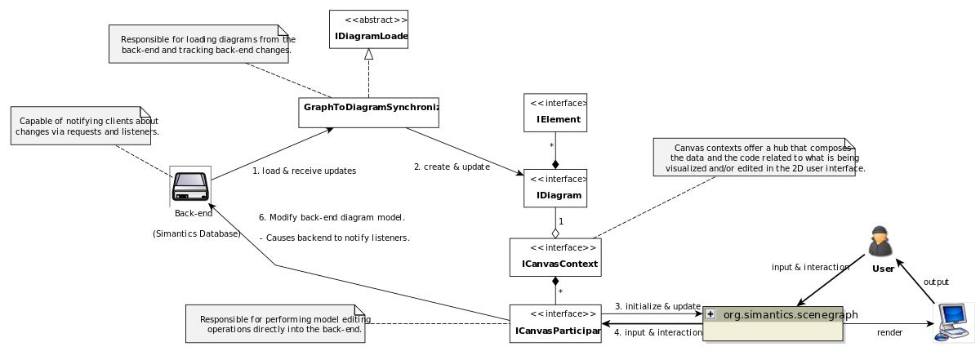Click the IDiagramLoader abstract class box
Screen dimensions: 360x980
(368, 29)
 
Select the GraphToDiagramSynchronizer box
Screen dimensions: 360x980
(368, 113)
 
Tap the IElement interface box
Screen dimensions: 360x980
(555, 113)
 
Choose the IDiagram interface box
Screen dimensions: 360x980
(555, 189)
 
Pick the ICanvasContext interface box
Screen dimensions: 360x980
(555, 257)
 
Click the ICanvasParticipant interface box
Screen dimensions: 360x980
(555, 324)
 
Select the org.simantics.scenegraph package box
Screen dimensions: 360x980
(773, 323)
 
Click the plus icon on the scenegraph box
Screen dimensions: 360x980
(710, 314)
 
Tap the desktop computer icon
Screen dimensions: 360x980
(951, 320)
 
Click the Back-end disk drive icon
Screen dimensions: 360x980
(190, 187)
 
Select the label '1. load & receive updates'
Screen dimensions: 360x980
(304, 171)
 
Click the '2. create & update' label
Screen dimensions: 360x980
(452, 167)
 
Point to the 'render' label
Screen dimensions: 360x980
(889, 332)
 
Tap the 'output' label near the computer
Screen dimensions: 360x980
(936, 282)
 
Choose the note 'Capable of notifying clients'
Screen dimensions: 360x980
(82, 126)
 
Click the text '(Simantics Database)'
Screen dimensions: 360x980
(197, 233)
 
